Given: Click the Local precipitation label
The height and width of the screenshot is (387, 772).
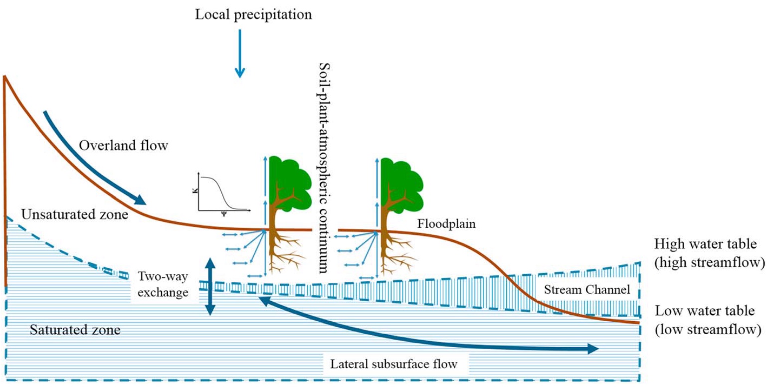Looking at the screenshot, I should pyautogui.click(x=253, y=14).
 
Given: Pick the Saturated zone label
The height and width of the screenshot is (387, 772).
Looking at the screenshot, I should pyautogui.click(x=75, y=330).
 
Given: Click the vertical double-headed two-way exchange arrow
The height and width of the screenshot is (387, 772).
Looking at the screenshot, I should pyautogui.click(x=210, y=287).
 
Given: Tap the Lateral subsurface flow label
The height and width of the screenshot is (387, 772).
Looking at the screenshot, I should pyautogui.click(x=393, y=364).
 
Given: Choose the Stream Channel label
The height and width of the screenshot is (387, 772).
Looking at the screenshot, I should pyautogui.click(x=586, y=290).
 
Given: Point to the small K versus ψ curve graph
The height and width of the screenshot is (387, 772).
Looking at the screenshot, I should pyautogui.click(x=222, y=193).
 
